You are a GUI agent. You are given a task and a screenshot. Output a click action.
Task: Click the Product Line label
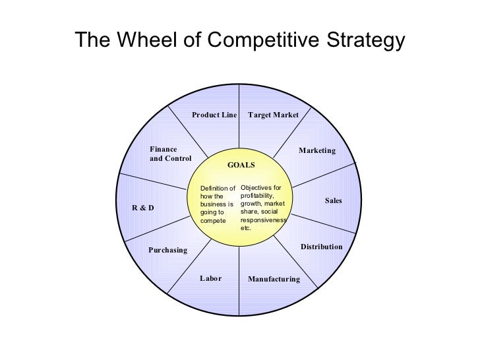[214, 115]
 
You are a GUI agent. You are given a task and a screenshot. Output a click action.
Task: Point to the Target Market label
[273, 115]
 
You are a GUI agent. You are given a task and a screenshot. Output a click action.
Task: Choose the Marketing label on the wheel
[317, 151]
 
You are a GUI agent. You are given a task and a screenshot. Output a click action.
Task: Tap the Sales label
[334, 200]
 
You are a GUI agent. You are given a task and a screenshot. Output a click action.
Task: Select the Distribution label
[322, 247]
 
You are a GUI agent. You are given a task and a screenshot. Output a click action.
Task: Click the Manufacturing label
[274, 280]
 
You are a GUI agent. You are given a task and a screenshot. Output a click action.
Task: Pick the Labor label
[210, 279]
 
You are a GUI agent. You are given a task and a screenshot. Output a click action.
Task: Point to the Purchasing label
[167, 251]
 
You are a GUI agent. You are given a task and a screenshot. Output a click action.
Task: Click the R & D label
[143, 208]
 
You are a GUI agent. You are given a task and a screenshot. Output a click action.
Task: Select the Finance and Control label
[170, 154]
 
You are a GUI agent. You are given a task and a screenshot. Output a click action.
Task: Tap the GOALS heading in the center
[241, 164]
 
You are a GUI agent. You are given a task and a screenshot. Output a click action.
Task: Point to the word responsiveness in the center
[264, 220]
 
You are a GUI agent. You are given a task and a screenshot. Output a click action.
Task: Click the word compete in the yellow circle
[212, 220]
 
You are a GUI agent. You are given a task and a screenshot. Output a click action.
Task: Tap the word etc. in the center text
[246, 228]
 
